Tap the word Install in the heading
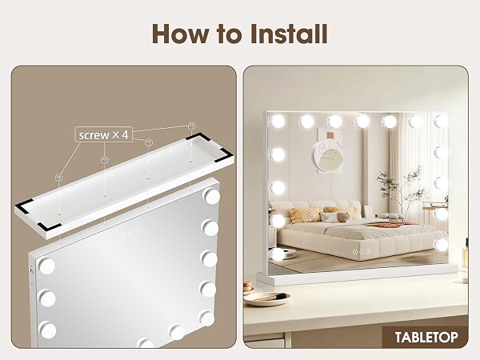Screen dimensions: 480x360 [x=290, y=34]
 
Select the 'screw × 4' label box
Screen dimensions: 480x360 [x=104, y=134]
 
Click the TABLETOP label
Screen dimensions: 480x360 [x=426, y=337]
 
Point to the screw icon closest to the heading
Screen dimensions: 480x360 [x=192, y=126]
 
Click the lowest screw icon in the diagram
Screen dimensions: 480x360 [x=58, y=178]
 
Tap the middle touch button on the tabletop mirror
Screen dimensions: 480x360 [x=362, y=252]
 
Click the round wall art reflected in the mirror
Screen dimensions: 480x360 [x=328, y=154]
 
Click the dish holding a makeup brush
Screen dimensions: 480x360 [x=267, y=298]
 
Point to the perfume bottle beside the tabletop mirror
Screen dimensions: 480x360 [x=466, y=260]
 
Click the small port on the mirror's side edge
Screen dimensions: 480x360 [x=31, y=271]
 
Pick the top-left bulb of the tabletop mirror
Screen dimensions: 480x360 [x=277, y=122]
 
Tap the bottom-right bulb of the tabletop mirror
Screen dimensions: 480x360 [x=442, y=244]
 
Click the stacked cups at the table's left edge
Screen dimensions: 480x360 [x=248, y=288]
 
